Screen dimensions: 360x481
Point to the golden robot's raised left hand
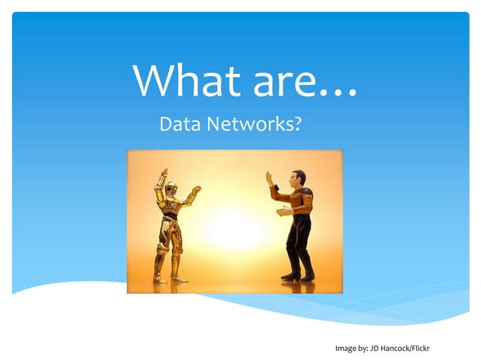(164, 174)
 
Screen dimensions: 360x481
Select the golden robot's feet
(170, 279)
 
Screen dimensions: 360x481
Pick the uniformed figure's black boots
(299, 276)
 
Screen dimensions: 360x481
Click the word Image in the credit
(345, 348)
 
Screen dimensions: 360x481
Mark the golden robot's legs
(171, 249)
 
